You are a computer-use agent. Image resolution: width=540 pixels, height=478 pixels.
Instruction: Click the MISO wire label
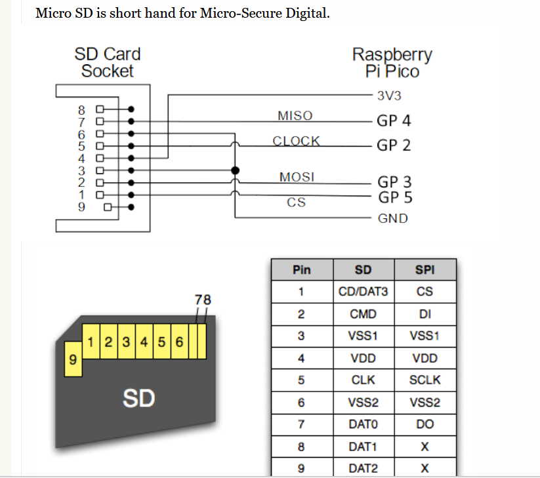295,116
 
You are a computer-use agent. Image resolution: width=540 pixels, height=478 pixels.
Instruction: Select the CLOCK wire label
296,141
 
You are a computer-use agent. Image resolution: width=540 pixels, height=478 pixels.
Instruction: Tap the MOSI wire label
297,177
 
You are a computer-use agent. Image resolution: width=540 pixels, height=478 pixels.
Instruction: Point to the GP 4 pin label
394,121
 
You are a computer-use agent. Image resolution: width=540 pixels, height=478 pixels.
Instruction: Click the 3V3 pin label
389,96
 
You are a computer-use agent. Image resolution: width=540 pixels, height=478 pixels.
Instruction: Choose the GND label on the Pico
392,218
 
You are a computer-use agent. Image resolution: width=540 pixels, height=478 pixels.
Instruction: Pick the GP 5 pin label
394,197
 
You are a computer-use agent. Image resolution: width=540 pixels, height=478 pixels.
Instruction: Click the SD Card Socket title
107,62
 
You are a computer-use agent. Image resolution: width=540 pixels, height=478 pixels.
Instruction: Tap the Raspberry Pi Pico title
392,63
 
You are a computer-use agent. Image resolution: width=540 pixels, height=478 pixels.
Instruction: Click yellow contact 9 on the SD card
72,360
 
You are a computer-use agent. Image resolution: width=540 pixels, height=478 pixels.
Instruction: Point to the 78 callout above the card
203,300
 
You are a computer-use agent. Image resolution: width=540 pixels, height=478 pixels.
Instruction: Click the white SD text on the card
138,397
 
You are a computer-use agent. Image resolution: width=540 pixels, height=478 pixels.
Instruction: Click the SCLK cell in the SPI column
425,380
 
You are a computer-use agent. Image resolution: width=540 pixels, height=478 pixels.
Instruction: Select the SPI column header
425,269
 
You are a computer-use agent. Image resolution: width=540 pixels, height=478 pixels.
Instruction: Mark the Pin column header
301,269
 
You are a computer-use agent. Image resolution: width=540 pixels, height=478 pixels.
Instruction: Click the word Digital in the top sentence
303,13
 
